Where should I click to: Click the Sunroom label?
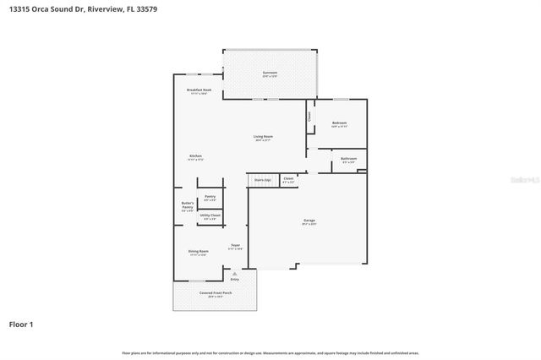(x=270, y=74)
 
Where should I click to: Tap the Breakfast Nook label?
(x=199, y=90)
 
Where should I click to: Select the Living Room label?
(x=263, y=136)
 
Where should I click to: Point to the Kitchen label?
(x=195, y=155)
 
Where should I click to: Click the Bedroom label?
(x=339, y=123)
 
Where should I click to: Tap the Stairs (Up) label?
(x=263, y=180)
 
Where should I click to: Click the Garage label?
(x=309, y=221)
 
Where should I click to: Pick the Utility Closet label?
(x=210, y=215)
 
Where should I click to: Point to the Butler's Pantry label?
(x=188, y=205)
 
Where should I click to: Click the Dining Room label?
(x=198, y=251)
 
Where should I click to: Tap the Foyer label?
(x=236, y=246)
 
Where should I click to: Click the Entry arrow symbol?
(x=235, y=274)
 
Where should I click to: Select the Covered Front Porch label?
(x=216, y=293)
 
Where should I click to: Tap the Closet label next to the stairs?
(x=288, y=179)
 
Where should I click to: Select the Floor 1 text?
(x=22, y=324)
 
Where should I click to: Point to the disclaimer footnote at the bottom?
(x=270, y=352)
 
